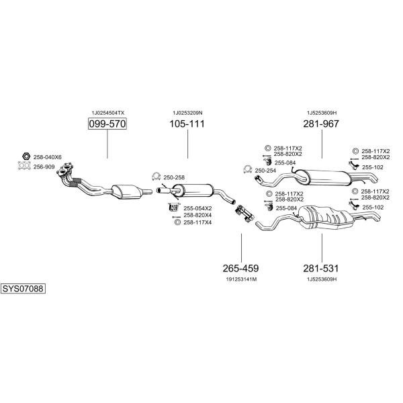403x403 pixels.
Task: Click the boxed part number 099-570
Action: [107, 124]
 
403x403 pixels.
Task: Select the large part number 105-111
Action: [187, 124]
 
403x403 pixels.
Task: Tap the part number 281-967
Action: [321, 124]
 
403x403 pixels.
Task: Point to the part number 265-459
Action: [240, 268]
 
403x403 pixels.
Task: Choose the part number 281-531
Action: [321, 268]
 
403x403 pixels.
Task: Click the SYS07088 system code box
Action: [23, 289]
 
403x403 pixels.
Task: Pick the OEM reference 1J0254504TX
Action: [108, 113]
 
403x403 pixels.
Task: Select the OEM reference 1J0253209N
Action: [187, 113]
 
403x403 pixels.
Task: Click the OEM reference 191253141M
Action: [241, 279]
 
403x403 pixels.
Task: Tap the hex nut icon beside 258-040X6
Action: [26, 156]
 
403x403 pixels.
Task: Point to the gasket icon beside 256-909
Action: [24, 166]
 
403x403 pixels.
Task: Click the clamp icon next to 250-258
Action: [156, 176]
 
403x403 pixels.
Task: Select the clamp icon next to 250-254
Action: [247, 169]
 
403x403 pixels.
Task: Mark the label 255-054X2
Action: [197, 208]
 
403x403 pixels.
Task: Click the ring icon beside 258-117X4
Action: [177, 222]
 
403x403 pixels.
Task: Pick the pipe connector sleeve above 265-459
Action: [244, 213]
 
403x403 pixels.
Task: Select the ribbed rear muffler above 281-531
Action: [325, 217]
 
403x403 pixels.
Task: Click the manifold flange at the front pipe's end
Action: [65, 169]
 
